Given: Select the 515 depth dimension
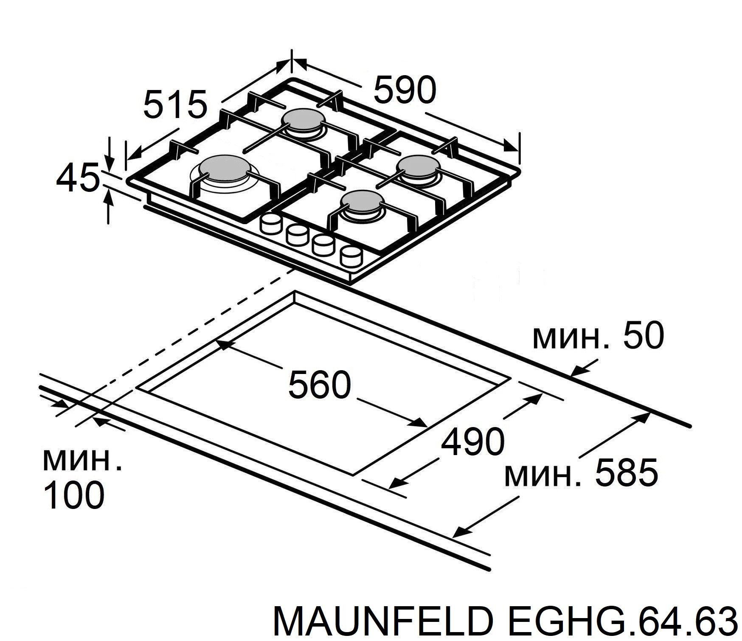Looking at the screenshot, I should pos(175,104).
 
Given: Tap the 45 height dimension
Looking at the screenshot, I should pos(76,178).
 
